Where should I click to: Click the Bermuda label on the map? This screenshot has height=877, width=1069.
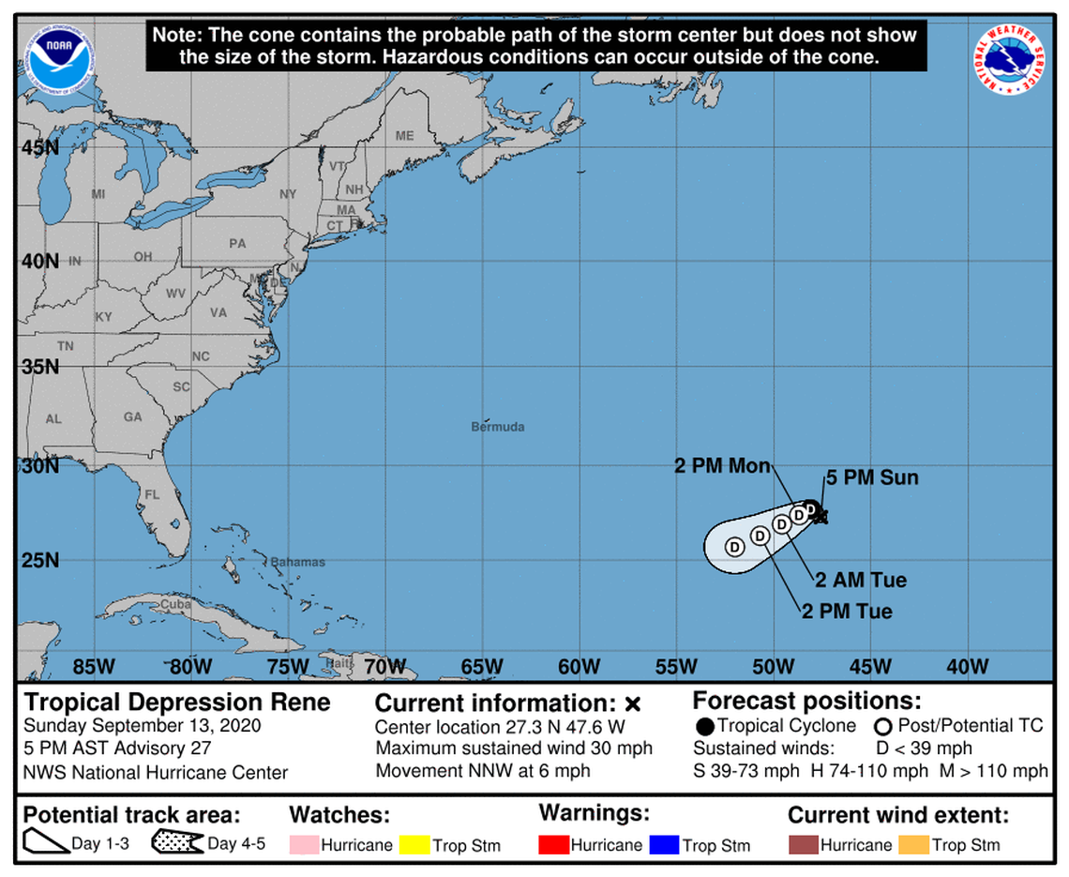coord(497,428)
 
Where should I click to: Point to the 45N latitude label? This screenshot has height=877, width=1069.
coord(40,147)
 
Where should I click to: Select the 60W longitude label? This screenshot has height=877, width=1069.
coord(579,667)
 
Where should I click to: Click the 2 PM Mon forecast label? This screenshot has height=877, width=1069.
coord(722,466)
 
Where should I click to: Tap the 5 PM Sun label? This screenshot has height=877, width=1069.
coord(871,478)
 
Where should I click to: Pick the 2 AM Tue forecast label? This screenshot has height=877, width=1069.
coord(861,581)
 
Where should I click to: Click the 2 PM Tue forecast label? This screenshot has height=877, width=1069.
coord(847,612)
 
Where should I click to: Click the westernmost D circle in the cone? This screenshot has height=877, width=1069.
coord(734,546)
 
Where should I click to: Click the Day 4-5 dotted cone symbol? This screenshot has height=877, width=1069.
coord(177,843)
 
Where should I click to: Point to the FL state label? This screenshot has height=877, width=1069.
coord(152,494)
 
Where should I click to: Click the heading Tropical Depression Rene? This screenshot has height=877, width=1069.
coord(177,703)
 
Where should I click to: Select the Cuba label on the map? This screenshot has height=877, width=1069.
coord(170,605)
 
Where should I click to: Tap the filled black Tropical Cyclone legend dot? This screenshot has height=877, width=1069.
coord(705,727)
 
